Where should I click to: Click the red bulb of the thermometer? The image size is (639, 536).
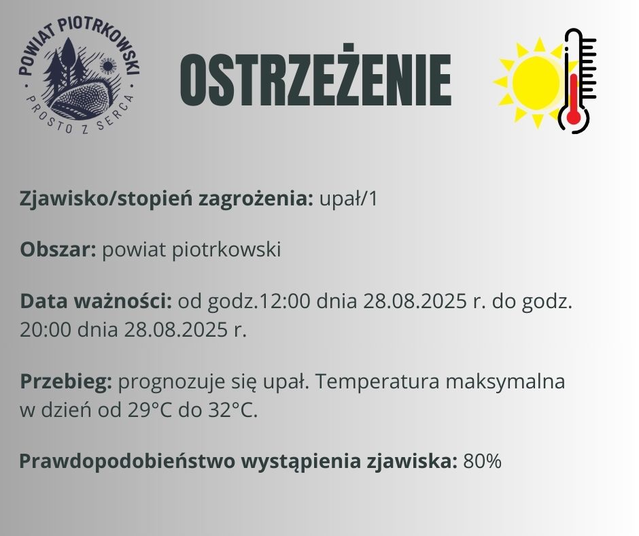[x=573, y=117]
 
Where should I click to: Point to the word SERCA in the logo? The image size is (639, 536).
[x=114, y=109]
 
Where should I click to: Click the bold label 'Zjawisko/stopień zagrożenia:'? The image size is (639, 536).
[x=167, y=199]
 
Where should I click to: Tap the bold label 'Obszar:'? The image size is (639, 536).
[x=58, y=250]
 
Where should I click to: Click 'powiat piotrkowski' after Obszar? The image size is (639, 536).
[x=191, y=250]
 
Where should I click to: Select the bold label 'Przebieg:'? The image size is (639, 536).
[x=66, y=382]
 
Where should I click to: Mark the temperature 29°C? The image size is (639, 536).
[x=149, y=411]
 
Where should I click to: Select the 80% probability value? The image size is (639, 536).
[x=482, y=461]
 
